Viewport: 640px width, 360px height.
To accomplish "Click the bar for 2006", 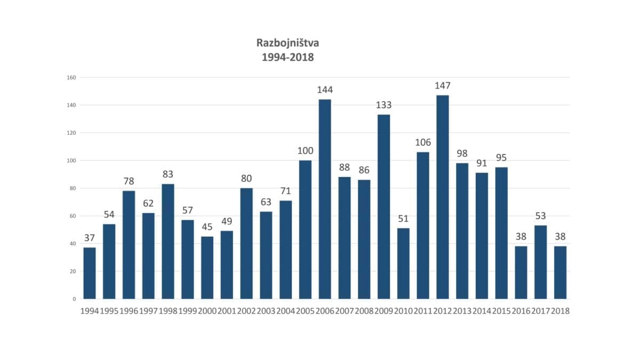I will point(325,199).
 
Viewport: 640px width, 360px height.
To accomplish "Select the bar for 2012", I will point(443,197).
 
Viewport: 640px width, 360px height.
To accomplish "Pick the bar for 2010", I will point(403,263).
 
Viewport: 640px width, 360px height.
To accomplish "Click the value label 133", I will point(383,105).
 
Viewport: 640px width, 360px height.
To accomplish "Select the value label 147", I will point(443,86).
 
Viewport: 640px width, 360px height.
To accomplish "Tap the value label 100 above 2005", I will point(305,151).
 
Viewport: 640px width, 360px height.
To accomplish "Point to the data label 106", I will point(423,142).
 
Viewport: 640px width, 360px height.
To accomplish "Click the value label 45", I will point(207,227).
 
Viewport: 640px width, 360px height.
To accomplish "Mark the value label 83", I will point(168,174).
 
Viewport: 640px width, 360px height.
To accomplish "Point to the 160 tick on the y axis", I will point(71,77).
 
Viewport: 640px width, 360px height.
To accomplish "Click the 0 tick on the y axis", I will point(74,299).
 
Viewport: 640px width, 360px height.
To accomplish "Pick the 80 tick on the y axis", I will point(73,188).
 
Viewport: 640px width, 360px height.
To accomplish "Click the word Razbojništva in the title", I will point(287,43).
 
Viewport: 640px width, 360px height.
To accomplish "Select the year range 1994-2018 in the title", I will point(287,57).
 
